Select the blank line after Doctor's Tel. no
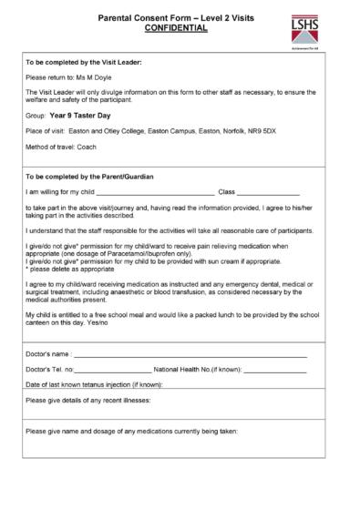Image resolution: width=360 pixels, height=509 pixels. click(115, 370)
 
